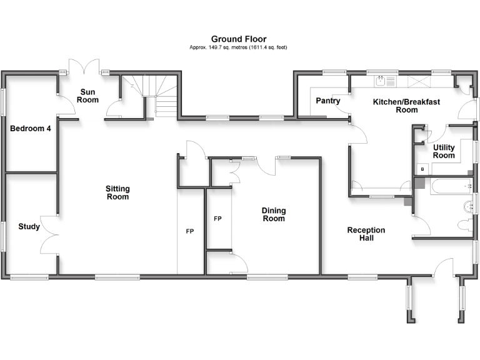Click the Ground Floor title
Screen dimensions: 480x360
coord(238,39)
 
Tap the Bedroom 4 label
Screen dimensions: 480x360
coord(30,129)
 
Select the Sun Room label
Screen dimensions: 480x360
coord(88,96)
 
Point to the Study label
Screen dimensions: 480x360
coord(29,226)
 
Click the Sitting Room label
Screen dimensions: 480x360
coord(117,192)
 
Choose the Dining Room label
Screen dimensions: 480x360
coord(274,214)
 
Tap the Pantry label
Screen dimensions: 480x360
coord(327,101)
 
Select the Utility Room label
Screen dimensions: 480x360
coord(444,151)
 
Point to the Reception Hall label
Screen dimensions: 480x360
coord(366,234)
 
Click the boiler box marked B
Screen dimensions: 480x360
coord(422,169)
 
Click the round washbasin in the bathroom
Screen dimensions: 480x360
coord(468,206)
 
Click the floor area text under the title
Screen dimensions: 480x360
coord(238,47)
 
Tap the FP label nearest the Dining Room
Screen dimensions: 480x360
coord(217,219)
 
